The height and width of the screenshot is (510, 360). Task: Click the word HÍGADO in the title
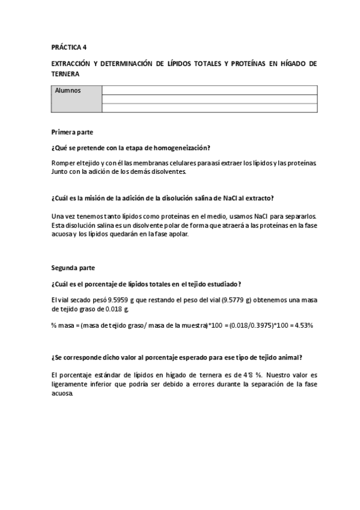pyautogui.click(x=288, y=63)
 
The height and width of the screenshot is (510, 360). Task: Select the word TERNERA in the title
pyautogui.click(x=66, y=73)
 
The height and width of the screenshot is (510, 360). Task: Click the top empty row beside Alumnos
pyautogui.click(x=209, y=90)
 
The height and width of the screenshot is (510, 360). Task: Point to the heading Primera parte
pyautogui.click(x=72, y=131)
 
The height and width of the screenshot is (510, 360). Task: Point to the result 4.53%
pyautogui.click(x=304, y=325)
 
